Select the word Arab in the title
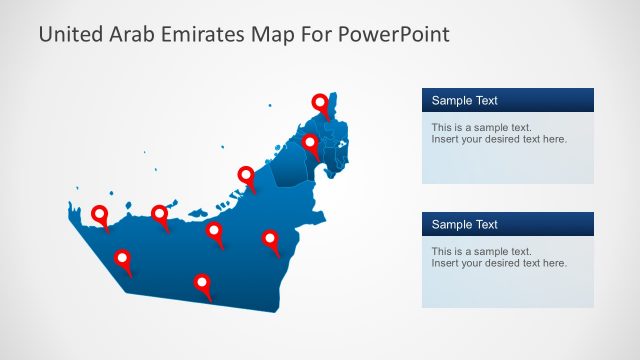(128, 34)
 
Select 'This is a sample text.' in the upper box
(481, 128)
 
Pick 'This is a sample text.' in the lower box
(481, 252)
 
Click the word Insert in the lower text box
(445, 263)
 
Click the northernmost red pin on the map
(320, 102)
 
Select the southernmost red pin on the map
(203, 283)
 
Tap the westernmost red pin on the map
(100, 214)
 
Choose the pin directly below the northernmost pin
(311, 143)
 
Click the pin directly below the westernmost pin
(123, 258)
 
